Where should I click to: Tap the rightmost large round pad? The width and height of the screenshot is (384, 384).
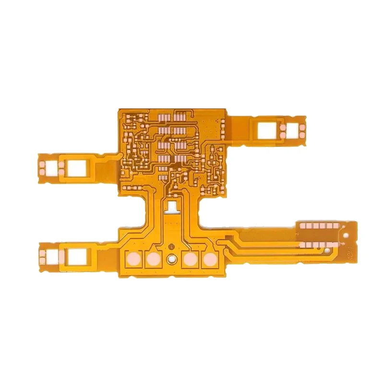[209, 260]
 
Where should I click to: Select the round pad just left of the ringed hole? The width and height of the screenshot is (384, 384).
[153, 260]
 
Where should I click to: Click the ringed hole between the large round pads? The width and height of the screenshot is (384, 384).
[172, 260]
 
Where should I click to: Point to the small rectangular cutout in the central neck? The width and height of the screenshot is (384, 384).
[172, 207]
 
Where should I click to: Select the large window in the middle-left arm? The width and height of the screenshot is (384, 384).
[76, 167]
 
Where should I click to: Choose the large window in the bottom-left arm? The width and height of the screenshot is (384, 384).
[75, 257]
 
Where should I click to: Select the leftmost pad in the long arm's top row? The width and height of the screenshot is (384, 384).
[303, 225]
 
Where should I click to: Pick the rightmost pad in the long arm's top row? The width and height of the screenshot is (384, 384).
[336, 225]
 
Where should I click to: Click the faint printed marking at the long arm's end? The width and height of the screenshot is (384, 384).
[350, 253]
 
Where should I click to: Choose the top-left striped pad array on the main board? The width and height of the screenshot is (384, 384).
[163, 116]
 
